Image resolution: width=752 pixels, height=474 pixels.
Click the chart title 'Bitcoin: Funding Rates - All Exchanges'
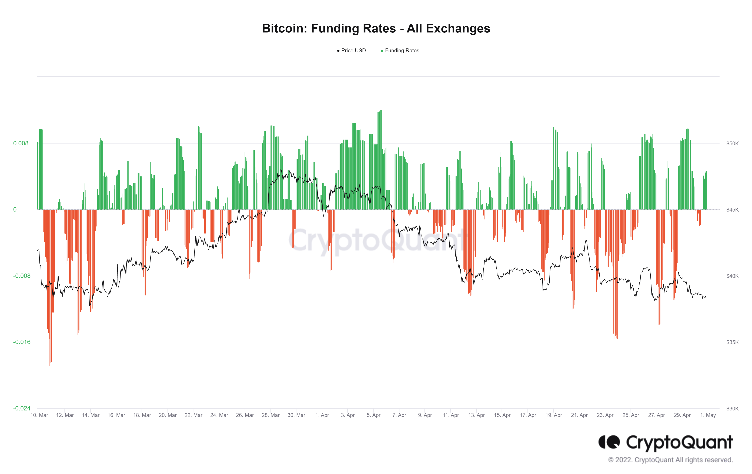point(376,28)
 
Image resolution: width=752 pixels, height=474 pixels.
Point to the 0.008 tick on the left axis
point(21,143)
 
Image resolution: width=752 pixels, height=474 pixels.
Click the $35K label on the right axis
point(732,342)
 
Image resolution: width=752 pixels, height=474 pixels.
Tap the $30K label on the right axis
point(732,408)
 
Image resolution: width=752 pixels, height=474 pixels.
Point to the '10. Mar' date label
point(39,415)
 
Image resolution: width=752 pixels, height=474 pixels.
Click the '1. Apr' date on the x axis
point(322,415)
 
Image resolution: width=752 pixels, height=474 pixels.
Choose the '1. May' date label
point(708,415)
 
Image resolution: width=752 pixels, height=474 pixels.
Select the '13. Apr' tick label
point(476,415)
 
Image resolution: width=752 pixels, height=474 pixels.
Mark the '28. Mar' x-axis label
point(270,415)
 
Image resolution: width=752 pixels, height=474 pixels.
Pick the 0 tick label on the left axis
point(15,210)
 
